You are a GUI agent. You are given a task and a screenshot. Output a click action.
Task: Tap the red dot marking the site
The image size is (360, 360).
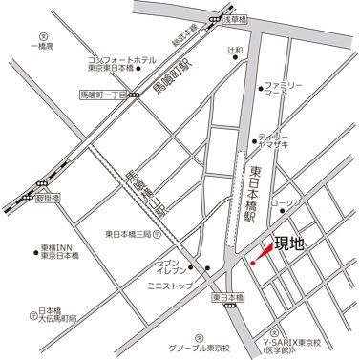pyautogui.click(x=252, y=262)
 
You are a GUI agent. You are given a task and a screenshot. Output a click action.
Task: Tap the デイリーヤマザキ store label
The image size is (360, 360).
pyautogui.click(x=283, y=140)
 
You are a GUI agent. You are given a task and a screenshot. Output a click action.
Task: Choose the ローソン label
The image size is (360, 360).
pyautogui.click(x=286, y=204)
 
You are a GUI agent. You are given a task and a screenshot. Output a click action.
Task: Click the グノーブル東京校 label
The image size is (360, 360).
pyautogui.click(x=199, y=349)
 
